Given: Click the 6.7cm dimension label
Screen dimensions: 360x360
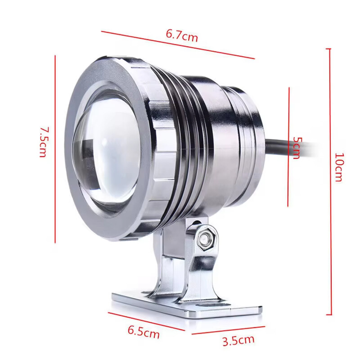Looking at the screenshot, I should click(182, 35).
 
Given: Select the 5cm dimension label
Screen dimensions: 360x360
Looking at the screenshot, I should click(296, 148).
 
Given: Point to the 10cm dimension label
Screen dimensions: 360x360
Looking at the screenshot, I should click(339, 167).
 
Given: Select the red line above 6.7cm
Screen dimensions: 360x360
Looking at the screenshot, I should click(178, 45).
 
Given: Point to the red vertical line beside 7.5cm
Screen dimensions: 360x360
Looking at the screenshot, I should click(55, 148).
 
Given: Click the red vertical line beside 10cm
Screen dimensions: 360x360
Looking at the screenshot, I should click(330, 180).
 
